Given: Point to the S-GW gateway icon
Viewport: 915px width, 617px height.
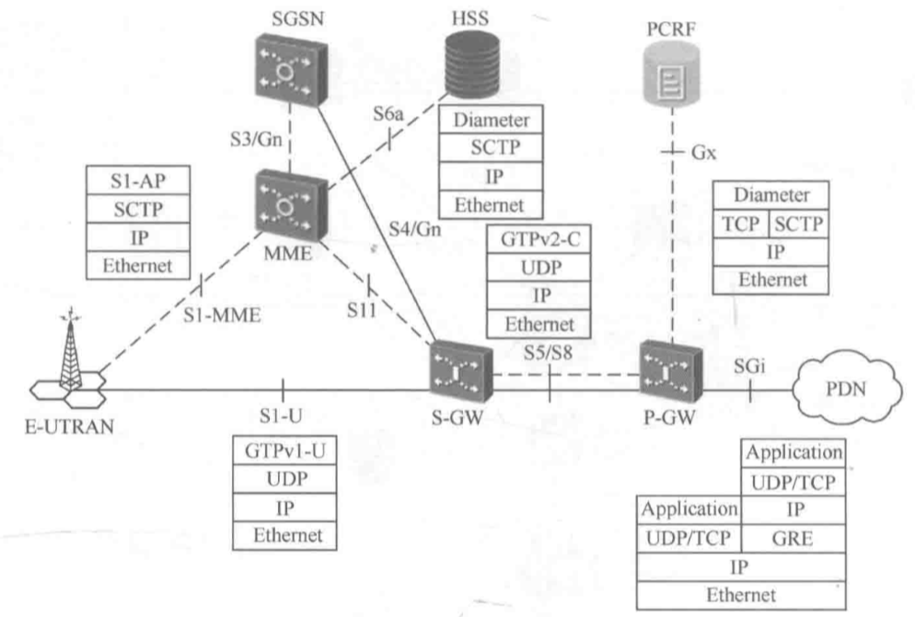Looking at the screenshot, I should click(458, 371).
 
